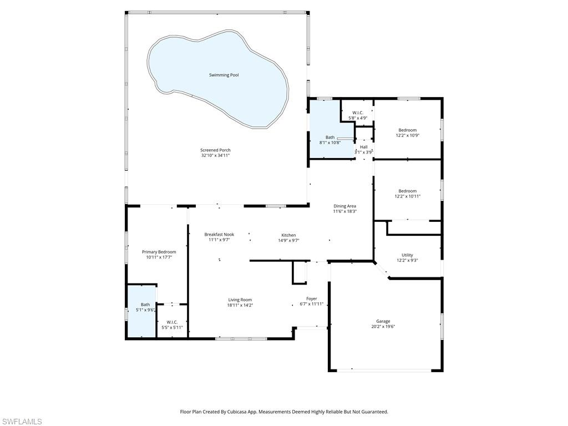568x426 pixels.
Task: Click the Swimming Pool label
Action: pyautogui.click(x=224, y=75)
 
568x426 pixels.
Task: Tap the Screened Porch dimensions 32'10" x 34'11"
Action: pyautogui.click(x=215, y=156)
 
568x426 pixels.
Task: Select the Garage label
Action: pyautogui.click(x=383, y=321)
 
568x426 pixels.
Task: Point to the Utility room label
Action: pyautogui.click(x=407, y=255)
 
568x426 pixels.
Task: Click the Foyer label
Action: pyautogui.click(x=312, y=298)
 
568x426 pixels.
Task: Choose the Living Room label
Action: pyautogui.click(x=240, y=300)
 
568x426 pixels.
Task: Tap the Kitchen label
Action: pyautogui.click(x=288, y=235)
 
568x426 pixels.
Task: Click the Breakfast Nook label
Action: pyautogui.click(x=219, y=235)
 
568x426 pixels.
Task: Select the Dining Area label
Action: pyautogui.click(x=344, y=206)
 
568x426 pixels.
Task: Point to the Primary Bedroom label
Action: pyautogui.click(x=159, y=252)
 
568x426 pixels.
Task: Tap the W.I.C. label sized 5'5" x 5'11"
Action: pyautogui.click(x=172, y=322)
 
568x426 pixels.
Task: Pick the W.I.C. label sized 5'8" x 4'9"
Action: pyautogui.click(x=358, y=113)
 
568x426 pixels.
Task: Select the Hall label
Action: pyautogui.click(x=364, y=147)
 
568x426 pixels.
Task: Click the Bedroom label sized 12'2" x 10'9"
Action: pyautogui.click(x=407, y=130)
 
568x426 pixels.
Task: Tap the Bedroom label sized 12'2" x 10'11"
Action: pyautogui.click(x=407, y=191)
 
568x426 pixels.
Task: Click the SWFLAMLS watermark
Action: pyautogui.click(x=21, y=422)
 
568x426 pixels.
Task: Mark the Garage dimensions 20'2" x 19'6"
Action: pyautogui.click(x=383, y=327)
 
